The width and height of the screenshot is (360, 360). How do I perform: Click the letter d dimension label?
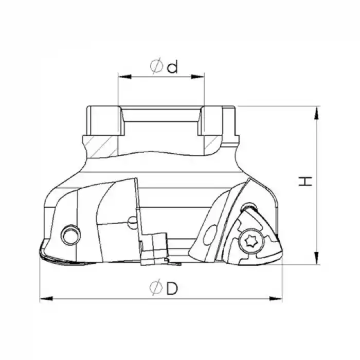point(172,66)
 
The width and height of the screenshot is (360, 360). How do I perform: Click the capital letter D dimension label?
point(172,289)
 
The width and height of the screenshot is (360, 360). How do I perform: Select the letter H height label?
point(305,182)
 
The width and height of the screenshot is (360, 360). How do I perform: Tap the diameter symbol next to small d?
point(156,66)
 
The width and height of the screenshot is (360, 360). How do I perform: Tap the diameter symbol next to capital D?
point(156,287)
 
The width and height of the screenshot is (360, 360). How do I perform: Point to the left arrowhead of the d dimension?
point(124,77)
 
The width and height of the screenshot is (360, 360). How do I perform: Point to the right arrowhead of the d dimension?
point(197,77)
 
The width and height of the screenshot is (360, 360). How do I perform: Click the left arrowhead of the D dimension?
point(46,299)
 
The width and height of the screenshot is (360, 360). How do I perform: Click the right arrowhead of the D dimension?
point(275,299)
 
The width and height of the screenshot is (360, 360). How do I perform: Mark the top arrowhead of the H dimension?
point(316,113)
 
